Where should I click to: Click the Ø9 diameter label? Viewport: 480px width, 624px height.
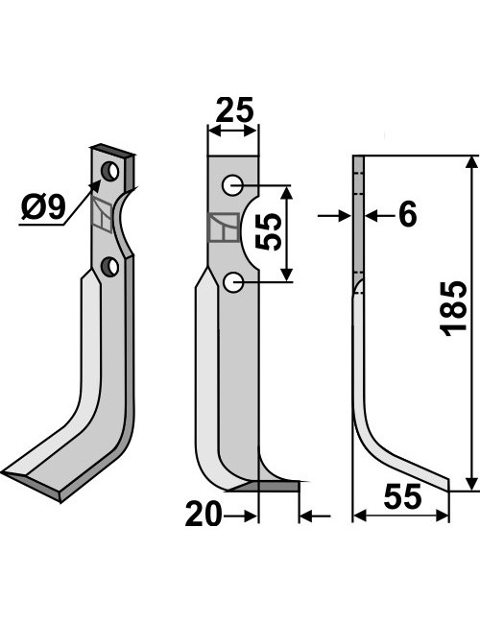(x=43, y=208)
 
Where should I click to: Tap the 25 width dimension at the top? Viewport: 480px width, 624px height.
(x=234, y=109)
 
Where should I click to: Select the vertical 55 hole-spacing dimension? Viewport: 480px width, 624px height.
(x=268, y=232)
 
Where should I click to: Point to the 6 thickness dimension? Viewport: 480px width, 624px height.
(x=407, y=214)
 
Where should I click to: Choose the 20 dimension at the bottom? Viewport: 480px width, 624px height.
(x=203, y=514)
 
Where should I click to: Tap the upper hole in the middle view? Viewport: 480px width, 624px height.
(x=232, y=185)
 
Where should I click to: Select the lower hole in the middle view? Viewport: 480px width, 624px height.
(x=233, y=283)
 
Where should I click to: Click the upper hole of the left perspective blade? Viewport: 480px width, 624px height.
(x=109, y=171)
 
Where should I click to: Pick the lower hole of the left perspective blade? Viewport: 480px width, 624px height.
(x=109, y=267)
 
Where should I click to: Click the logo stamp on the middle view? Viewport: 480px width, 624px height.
(x=224, y=228)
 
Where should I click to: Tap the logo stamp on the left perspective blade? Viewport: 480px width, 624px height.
(x=102, y=216)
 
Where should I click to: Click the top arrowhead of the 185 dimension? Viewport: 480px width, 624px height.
(x=471, y=162)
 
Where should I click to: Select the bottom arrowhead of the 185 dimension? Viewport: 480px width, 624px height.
(x=471, y=484)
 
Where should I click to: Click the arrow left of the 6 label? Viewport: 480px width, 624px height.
(x=334, y=216)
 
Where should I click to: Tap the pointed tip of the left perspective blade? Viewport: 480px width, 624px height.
(x=3, y=472)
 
